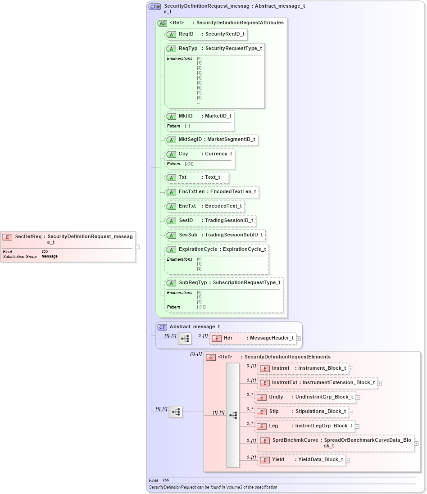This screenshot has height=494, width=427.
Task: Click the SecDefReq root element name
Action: pos(28,236)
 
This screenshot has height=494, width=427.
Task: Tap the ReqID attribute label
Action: pos(186,34)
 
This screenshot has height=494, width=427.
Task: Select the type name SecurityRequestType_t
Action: pos(233,48)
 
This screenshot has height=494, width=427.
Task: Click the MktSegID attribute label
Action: pos(190,139)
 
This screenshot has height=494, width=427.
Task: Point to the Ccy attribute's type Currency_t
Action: pos(218,154)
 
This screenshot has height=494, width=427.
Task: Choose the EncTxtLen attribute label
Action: pos(191,191)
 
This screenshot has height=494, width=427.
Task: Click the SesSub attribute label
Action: pos(188,235)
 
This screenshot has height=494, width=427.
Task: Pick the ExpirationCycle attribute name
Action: pos(198,249)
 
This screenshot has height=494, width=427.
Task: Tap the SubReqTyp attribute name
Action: pos(193,282)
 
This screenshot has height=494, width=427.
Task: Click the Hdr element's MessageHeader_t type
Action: pos(272,338)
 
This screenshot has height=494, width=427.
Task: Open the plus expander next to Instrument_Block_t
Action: pos(351,368)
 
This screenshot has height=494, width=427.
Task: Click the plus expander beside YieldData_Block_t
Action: pos(348,460)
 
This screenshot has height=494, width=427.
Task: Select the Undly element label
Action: pos(276,397)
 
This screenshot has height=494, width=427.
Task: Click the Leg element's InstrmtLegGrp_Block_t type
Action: pos(323,426)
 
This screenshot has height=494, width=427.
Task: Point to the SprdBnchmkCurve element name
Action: pos(295,440)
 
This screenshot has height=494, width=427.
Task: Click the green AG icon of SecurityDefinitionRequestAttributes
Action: pos(162,23)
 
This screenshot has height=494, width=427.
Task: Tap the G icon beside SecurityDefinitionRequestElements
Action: pos(210,357)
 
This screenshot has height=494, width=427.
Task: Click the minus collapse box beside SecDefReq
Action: pos(138,246)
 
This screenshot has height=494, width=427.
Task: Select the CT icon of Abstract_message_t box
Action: pos(162,327)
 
